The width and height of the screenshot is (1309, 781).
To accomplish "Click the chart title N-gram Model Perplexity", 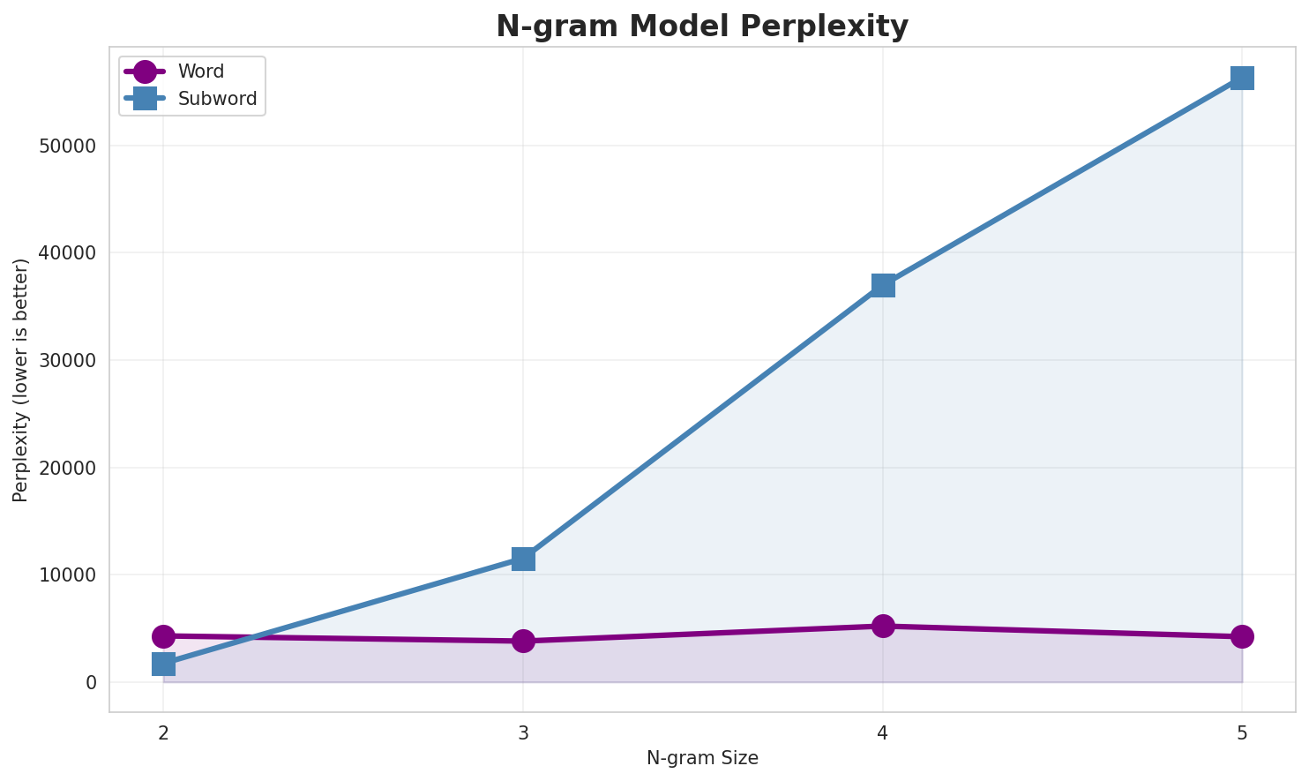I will click(x=701, y=26).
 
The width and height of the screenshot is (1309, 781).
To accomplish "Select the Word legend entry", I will click(x=200, y=71).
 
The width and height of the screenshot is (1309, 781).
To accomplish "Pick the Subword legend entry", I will click(x=217, y=99).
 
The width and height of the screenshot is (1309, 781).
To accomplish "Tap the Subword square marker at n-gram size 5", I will click(x=1242, y=78).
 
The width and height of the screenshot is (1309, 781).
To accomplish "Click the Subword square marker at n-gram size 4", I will click(x=883, y=285).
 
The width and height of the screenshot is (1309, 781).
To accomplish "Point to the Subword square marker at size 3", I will click(x=523, y=559).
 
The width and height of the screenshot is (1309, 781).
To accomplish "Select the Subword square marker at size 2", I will click(x=163, y=664).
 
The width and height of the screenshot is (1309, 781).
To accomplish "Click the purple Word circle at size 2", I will click(x=163, y=636).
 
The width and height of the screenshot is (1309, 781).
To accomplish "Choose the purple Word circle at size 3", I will click(x=523, y=641).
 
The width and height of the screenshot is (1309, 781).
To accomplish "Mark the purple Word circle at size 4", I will click(x=883, y=626).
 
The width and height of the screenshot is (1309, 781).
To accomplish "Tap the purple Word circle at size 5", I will click(x=1242, y=636).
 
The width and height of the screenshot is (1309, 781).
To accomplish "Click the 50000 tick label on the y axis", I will click(x=68, y=146).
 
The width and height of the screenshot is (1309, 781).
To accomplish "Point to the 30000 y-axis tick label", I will click(x=68, y=360).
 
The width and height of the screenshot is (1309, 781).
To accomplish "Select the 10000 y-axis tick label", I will click(x=68, y=574).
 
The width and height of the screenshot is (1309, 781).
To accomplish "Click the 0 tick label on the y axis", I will click(x=91, y=682).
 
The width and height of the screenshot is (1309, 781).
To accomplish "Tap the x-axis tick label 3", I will click(x=523, y=732).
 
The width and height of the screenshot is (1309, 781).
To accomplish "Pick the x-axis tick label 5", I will click(x=1242, y=732).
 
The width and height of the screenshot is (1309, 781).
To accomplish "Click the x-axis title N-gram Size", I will click(x=702, y=758).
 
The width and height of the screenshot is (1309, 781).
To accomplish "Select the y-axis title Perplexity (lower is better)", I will click(x=21, y=379).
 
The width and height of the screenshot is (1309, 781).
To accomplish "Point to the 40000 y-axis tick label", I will click(x=68, y=253).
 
